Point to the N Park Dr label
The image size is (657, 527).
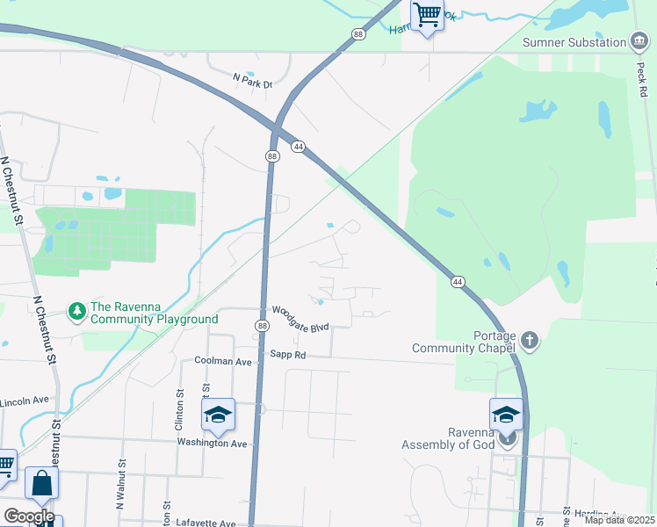point(253,80)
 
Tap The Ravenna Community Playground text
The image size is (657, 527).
point(154,313)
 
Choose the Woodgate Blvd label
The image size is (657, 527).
point(300,318)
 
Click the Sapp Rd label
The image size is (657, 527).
point(287,355)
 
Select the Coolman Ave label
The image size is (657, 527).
point(223,361)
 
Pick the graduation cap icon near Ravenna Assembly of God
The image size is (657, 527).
point(506,414)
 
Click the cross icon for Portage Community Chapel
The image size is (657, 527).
point(529,339)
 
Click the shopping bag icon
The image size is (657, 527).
point(41,482)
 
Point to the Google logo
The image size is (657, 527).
point(28,516)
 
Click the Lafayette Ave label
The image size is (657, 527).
point(206,523)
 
